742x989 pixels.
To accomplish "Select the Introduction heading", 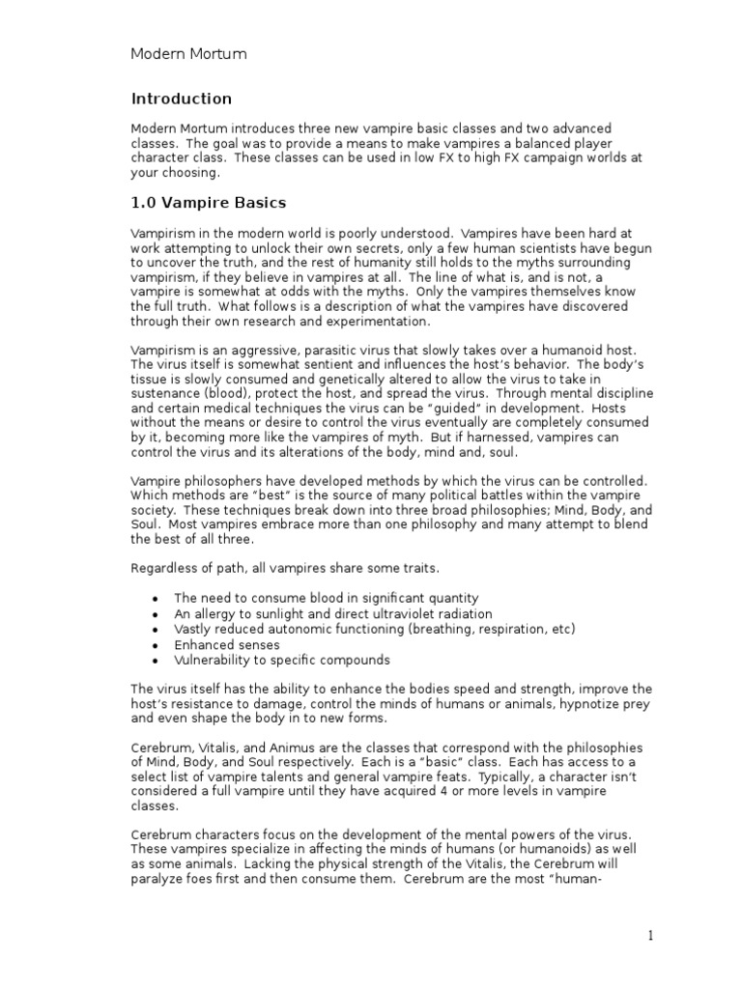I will [182, 99].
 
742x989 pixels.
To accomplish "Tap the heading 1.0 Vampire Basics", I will [209, 203].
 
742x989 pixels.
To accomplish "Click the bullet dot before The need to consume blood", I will [156, 599].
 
